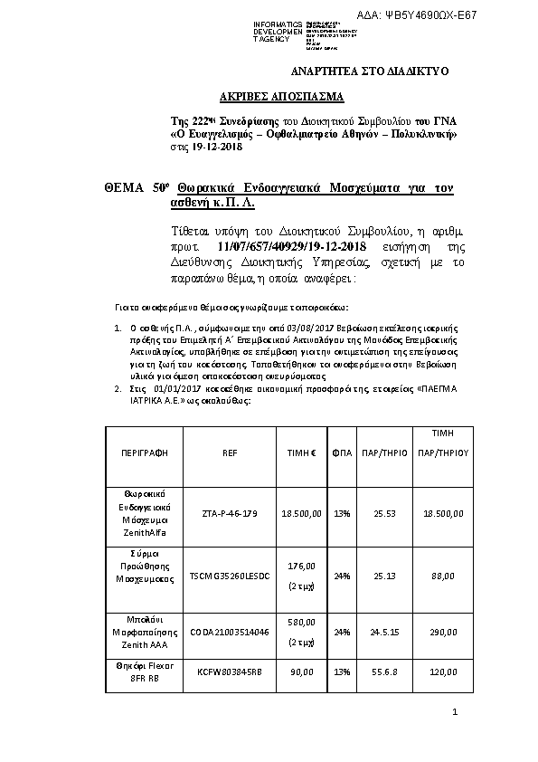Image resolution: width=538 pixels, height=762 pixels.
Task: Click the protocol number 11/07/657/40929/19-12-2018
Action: pos(294,246)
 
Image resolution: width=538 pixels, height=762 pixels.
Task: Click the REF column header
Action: pos(229,452)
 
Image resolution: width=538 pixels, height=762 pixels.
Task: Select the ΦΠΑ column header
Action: pos(342,452)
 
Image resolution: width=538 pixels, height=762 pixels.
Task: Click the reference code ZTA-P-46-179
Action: pos(229,513)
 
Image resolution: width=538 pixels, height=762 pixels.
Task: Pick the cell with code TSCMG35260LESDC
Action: pos(229,575)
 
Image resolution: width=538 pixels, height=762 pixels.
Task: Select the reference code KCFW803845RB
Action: pos(229,672)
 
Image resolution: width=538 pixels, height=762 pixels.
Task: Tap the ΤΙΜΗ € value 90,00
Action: pos(302,672)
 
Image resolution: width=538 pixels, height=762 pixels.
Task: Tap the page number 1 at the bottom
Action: pos(456,715)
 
